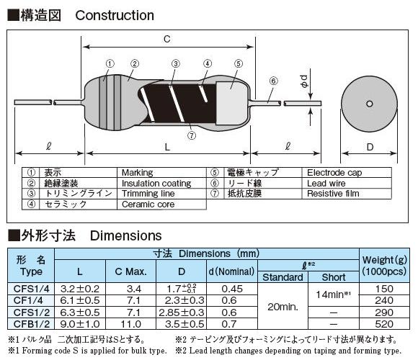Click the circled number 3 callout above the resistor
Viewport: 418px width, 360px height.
(175, 63)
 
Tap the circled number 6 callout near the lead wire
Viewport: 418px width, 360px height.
(274, 81)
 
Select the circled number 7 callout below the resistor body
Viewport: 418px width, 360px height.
(192, 135)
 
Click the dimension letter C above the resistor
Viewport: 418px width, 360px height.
(167, 39)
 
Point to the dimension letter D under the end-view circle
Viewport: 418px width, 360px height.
(370, 147)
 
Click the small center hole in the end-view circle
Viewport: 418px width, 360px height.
(370, 104)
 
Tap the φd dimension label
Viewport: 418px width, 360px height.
(304, 81)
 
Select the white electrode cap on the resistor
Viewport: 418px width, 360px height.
(231, 103)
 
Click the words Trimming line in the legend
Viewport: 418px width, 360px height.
(148, 194)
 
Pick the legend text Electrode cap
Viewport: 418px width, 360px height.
(334, 173)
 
